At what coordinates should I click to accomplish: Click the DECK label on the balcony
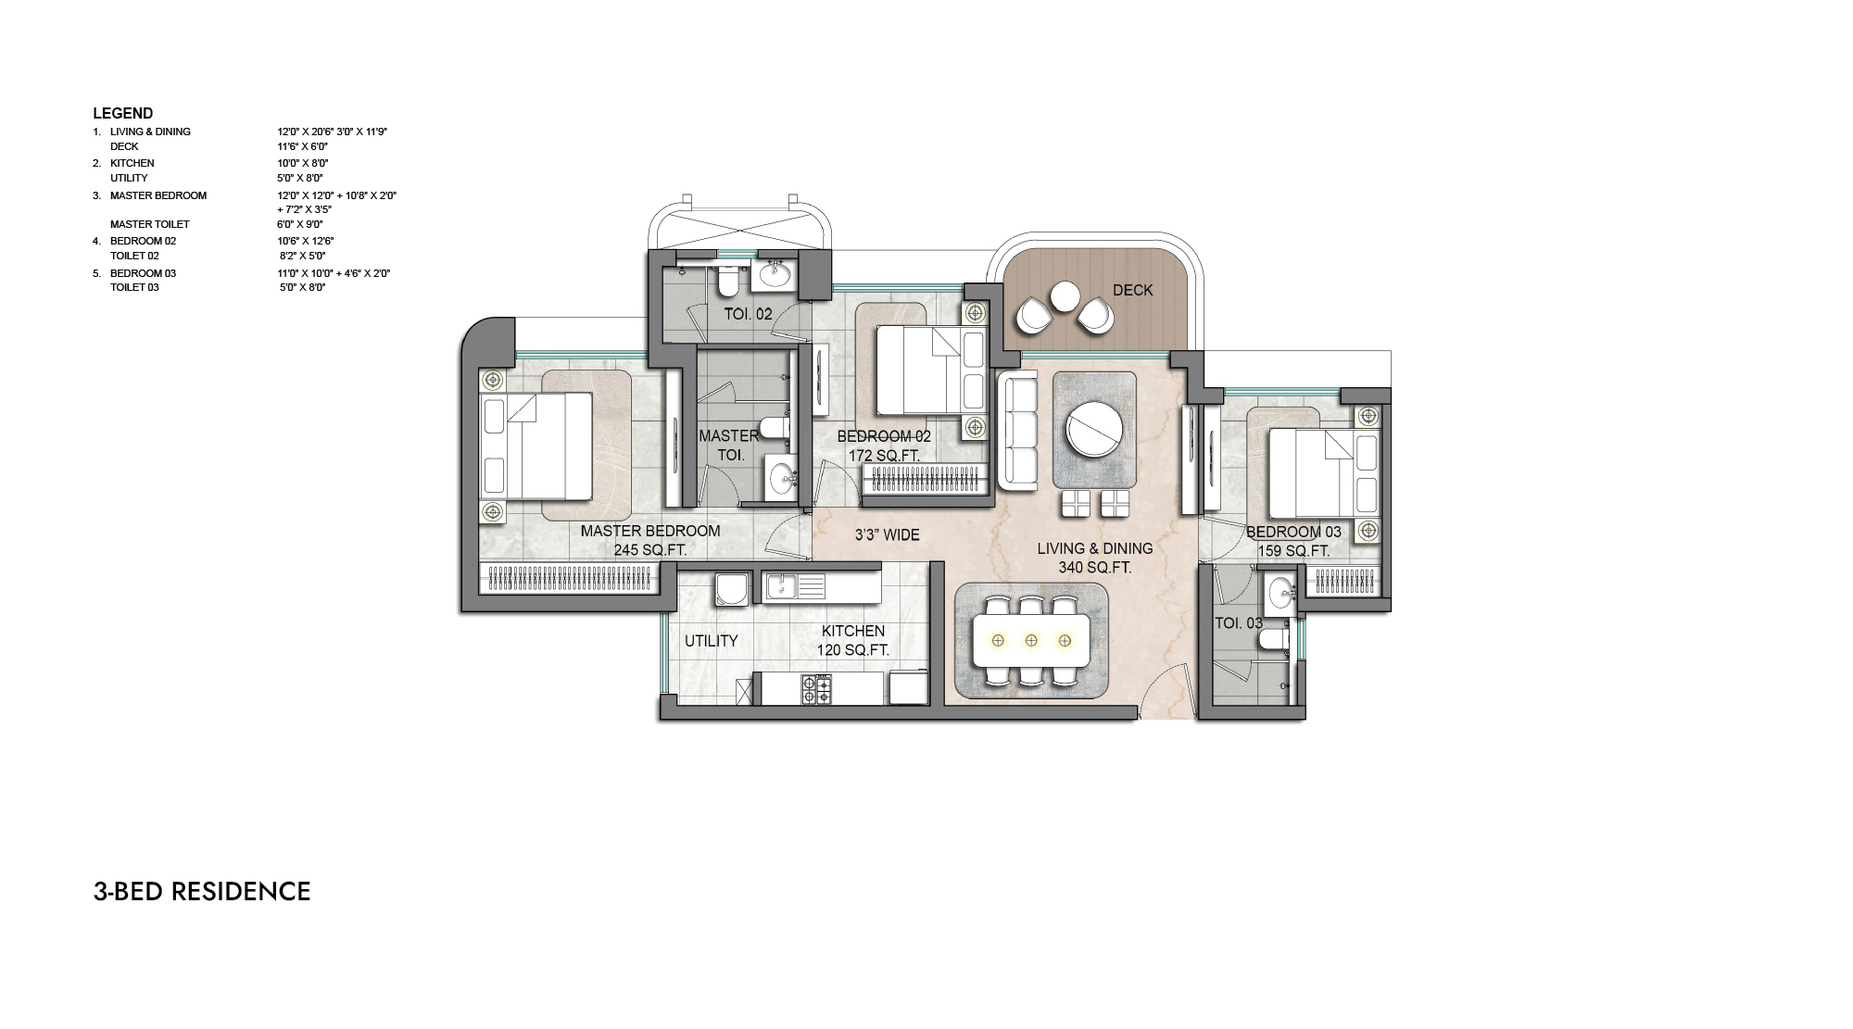pyautogui.click(x=1132, y=290)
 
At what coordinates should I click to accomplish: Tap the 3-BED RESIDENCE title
pyautogui.click(x=202, y=891)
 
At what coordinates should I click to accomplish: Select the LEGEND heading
pyautogui.click(x=122, y=113)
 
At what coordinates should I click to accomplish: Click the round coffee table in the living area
pyautogui.click(x=1095, y=428)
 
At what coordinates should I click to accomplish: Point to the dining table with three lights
pyautogui.click(x=1031, y=640)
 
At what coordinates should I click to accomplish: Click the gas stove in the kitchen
pyautogui.click(x=816, y=690)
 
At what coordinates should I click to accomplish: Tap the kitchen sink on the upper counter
pyautogui.click(x=794, y=586)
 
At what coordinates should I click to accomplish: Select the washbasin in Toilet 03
pyautogui.click(x=1282, y=590)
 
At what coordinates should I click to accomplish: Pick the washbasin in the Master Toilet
pyautogui.click(x=783, y=478)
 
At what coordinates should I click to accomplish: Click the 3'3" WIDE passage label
pyautogui.click(x=887, y=535)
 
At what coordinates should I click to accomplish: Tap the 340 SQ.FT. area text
pyautogui.click(x=1095, y=568)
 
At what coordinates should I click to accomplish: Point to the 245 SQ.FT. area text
pyautogui.click(x=650, y=550)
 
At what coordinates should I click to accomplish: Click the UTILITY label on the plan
pyautogui.click(x=712, y=641)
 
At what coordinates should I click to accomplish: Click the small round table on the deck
pyautogui.click(x=1065, y=296)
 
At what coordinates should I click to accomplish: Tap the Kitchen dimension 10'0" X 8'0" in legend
pyautogui.click(x=303, y=163)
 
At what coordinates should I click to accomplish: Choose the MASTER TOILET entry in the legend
pyautogui.click(x=149, y=224)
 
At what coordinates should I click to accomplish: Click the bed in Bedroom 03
pyautogui.click(x=1316, y=473)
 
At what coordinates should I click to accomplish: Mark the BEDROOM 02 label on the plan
pyautogui.click(x=884, y=436)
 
